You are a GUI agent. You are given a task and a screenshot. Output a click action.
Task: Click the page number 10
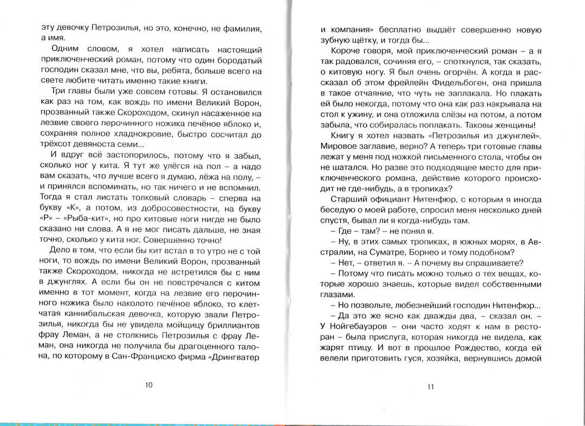[149, 385]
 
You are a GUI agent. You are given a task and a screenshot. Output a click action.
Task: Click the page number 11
[431, 386]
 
